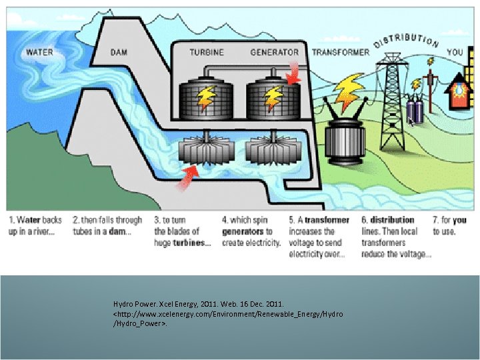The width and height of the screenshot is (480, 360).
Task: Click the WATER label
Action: [x=40, y=52]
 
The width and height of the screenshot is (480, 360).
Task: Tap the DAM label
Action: [x=119, y=52]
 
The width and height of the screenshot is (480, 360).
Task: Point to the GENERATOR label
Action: [x=274, y=52]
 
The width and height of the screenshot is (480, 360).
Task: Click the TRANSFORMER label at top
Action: [x=340, y=52]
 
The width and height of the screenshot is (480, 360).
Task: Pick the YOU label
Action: [x=455, y=52]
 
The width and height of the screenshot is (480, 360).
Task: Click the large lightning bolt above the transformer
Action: [x=347, y=93]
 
